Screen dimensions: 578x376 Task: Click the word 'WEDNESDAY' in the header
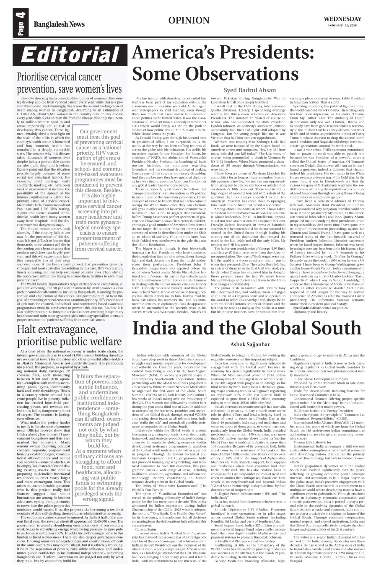pos(342,19)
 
